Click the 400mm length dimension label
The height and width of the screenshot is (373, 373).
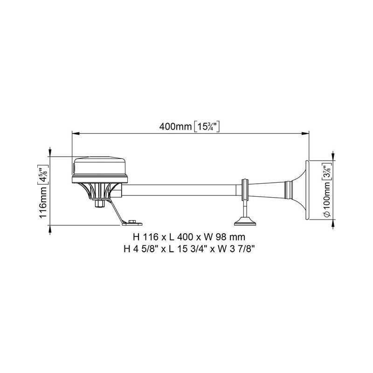click(x=175, y=126)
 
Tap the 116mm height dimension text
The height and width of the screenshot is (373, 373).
click(x=43, y=202)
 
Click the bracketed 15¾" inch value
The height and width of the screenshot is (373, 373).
click(x=207, y=126)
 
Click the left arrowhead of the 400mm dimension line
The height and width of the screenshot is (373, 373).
click(x=76, y=134)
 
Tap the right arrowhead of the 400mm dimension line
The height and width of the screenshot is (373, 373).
click(x=305, y=134)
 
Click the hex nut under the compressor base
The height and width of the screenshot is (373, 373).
click(x=99, y=203)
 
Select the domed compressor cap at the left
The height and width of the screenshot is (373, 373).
click(x=100, y=170)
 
